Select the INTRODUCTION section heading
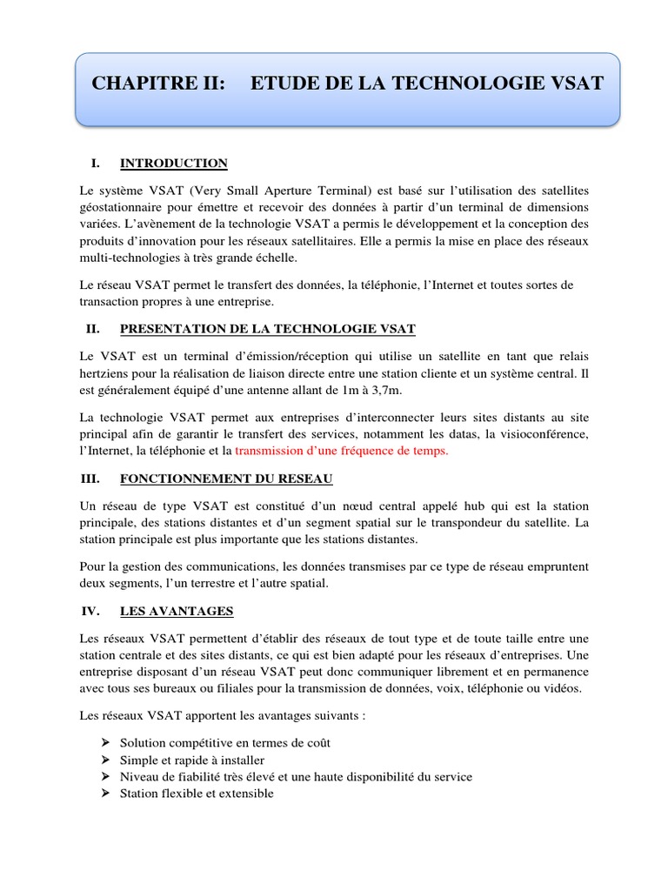pos(173,163)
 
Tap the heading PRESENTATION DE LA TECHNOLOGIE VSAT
pos(267,328)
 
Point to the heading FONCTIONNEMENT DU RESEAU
pos(225,479)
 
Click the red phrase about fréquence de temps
pos(342,451)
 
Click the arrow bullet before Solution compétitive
pos(105,743)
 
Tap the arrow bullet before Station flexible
pos(105,793)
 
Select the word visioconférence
pos(541,433)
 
